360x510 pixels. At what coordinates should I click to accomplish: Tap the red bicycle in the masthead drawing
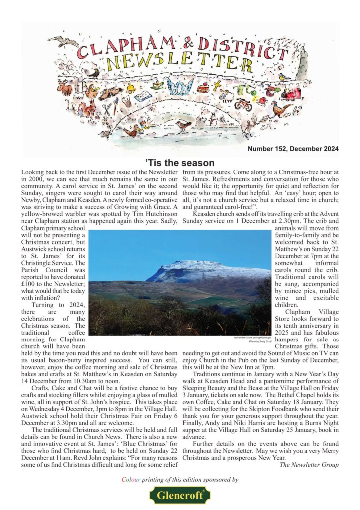click(x=243, y=105)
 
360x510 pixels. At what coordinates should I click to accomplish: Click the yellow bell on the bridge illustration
click(x=131, y=89)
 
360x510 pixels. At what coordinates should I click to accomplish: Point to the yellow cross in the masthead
click(x=217, y=87)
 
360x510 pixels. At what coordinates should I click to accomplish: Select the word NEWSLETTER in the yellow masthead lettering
click(x=173, y=61)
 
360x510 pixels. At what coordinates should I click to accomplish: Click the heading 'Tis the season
click(x=180, y=163)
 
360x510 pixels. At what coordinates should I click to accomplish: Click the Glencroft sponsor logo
click(x=180, y=496)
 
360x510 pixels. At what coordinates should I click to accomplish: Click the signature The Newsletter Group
click(x=309, y=465)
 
